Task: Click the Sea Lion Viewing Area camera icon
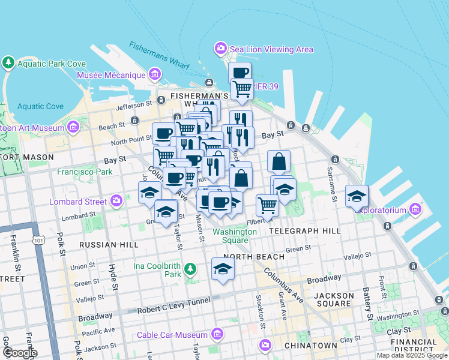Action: (x=220, y=47)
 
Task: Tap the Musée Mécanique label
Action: (x=111, y=75)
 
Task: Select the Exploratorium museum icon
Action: (x=415, y=209)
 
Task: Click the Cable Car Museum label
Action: (x=172, y=335)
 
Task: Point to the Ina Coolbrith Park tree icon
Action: (x=190, y=268)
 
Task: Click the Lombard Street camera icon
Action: (x=116, y=200)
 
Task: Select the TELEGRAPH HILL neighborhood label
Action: (x=304, y=230)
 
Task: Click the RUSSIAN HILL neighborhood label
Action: (x=109, y=245)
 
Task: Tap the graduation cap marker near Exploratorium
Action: (x=357, y=195)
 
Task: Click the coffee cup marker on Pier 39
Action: (x=240, y=73)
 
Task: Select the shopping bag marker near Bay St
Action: (x=279, y=161)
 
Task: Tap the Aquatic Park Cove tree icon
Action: (x=8, y=62)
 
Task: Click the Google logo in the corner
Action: (x=19, y=353)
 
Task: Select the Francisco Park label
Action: (x=85, y=172)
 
